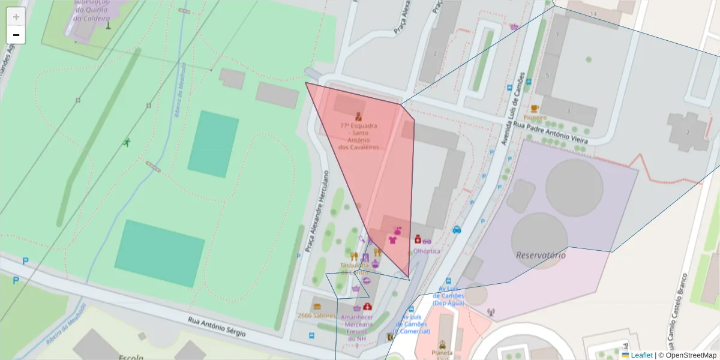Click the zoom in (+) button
point(16,17)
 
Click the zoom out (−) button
point(16,35)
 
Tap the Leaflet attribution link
point(641,355)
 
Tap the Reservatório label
point(541,255)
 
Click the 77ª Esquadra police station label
point(358,136)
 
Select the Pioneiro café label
point(535,118)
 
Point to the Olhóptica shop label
point(427,251)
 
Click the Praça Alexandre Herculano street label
point(317,210)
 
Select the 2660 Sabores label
point(316,316)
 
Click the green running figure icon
point(127,142)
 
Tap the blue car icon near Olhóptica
point(457,229)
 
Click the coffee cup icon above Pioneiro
point(535,109)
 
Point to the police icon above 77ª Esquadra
point(358,116)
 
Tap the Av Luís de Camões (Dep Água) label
point(449,299)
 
